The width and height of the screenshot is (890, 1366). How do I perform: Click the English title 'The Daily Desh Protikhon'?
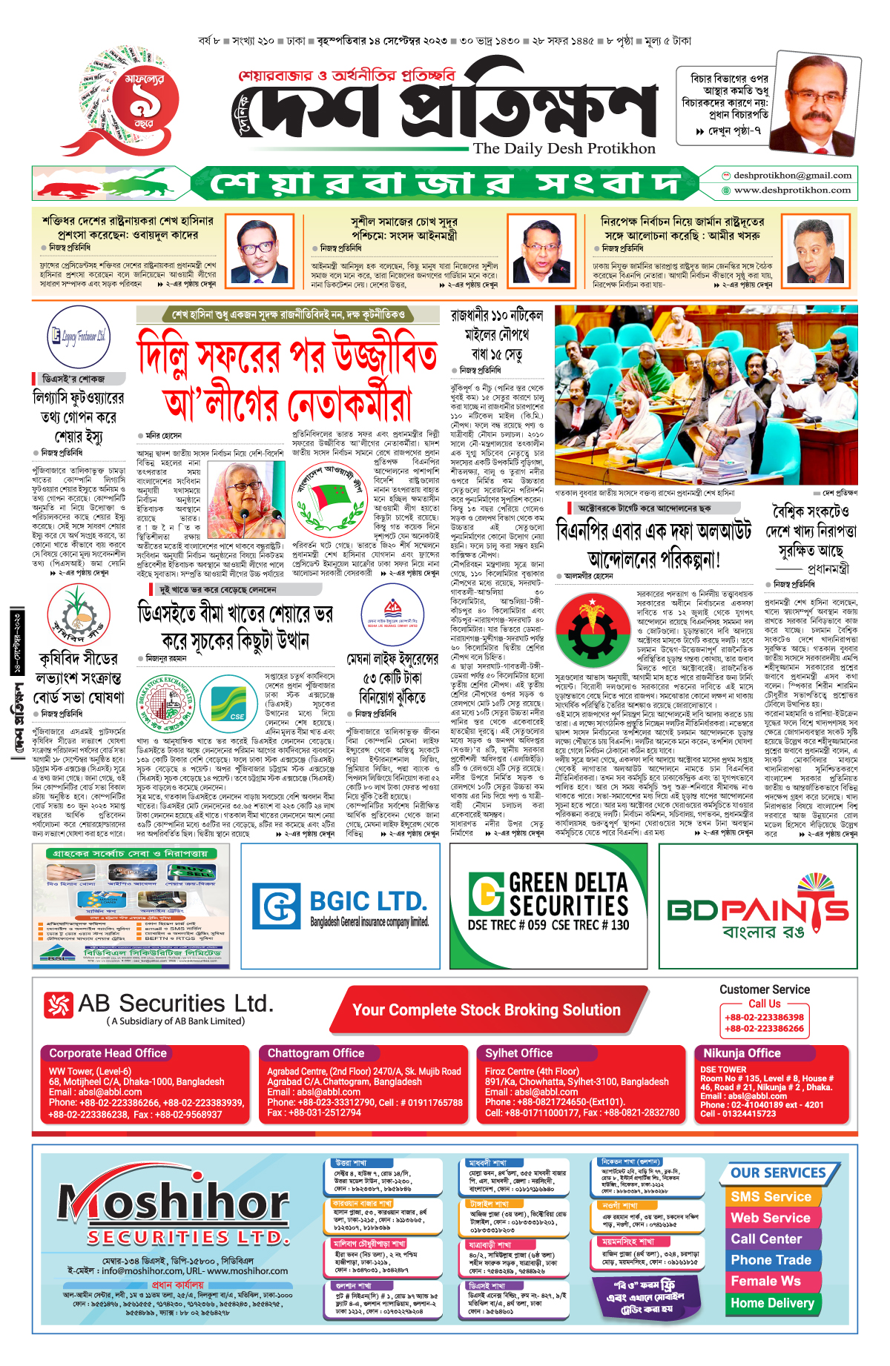[564, 148]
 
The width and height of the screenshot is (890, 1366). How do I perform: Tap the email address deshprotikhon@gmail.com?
[792, 176]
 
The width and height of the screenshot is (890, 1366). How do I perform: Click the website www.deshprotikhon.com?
[792, 190]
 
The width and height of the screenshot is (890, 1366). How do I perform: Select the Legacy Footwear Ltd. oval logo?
[78, 336]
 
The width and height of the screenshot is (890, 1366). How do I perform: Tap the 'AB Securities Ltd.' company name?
[175, 1004]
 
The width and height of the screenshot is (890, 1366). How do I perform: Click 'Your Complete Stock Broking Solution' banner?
[486, 1009]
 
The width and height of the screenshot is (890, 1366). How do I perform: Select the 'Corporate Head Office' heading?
[108, 1053]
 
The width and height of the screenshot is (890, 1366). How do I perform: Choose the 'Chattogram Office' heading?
[316, 1053]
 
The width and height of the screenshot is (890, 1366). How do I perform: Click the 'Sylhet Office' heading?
[518, 1053]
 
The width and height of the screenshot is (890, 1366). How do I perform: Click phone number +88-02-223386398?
[764, 1018]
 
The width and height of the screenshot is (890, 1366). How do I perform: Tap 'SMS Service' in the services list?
[771, 1197]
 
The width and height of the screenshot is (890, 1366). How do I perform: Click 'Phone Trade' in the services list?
[771, 1260]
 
